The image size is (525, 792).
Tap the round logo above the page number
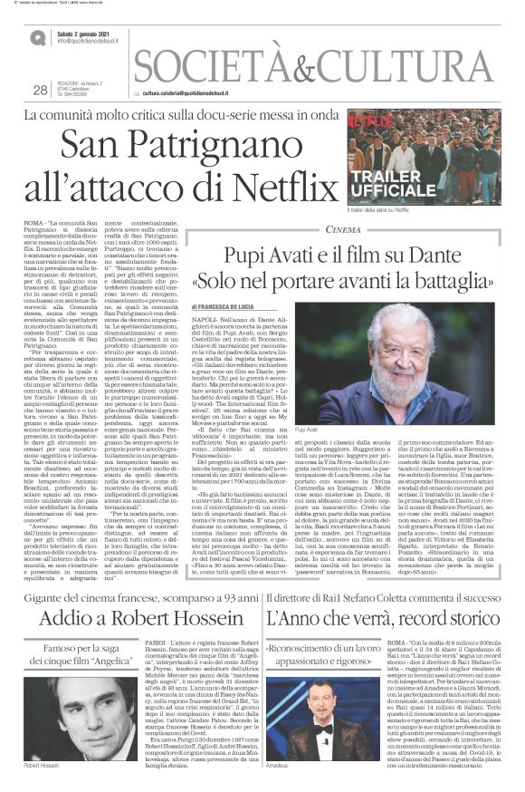click(37, 37)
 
